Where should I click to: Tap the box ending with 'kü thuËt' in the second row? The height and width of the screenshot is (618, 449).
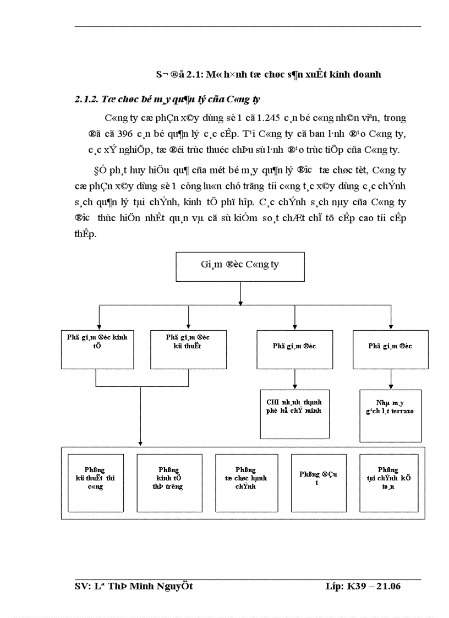click(188, 349)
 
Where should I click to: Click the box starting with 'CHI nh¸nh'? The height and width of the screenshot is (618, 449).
click(290, 414)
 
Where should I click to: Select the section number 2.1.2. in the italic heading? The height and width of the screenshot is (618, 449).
click(90, 100)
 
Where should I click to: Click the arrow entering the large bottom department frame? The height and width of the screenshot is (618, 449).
click(140, 437)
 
